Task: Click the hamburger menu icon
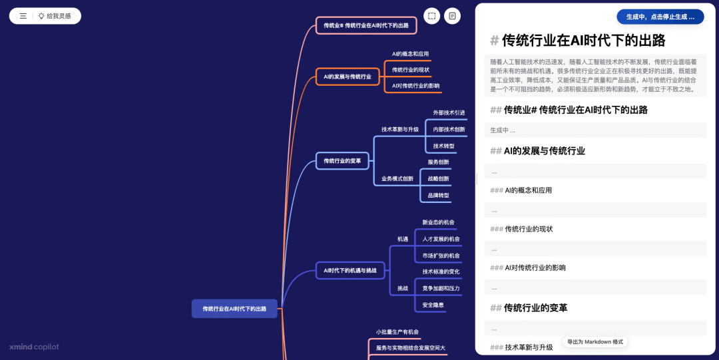23,16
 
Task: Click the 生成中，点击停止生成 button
660,17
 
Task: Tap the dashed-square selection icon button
432,16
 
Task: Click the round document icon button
453,16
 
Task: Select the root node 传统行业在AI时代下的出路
234,309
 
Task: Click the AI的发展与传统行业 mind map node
348,77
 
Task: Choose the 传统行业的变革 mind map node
342,161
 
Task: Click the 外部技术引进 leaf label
449,112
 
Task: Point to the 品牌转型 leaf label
438,196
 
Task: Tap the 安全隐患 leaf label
433,305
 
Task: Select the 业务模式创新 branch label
397,179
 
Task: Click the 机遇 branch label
403,239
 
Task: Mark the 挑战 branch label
403,288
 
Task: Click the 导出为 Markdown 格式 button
595,341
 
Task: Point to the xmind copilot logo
34,347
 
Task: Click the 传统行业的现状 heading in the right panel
529,229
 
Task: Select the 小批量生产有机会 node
397,331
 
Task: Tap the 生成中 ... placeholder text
503,130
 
